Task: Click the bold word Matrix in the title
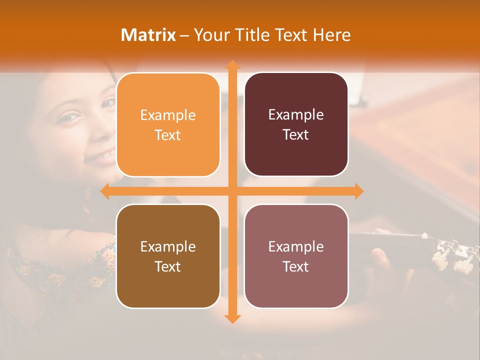[148, 35]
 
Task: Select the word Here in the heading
[332, 35]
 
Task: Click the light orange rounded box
[168, 124]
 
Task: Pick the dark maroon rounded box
[296, 124]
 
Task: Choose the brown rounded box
[168, 256]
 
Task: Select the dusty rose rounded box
[296, 256]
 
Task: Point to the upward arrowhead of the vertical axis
[231, 65]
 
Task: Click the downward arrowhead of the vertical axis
[231, 318]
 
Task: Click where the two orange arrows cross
[231, 191]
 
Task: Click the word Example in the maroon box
[296, 114]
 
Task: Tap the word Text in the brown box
[168, 266]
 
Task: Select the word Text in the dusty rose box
[296, 266]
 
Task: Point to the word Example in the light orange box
[168, 115]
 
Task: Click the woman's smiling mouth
[96, 157]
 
